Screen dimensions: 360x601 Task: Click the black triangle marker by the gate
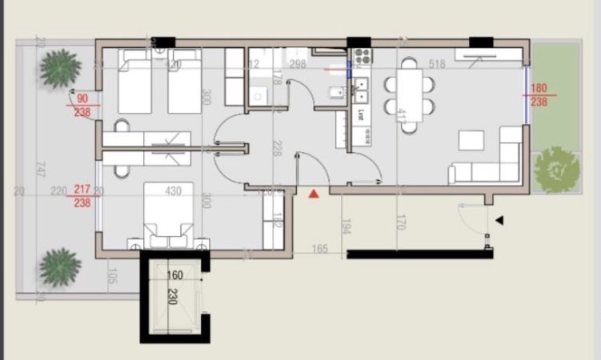(499, 220)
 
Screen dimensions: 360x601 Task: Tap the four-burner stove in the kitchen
(361, 57)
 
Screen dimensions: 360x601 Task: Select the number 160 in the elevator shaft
(174, 276)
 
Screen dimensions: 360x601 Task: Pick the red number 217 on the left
(82, 190)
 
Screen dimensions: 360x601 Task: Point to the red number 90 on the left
(82, 99)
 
